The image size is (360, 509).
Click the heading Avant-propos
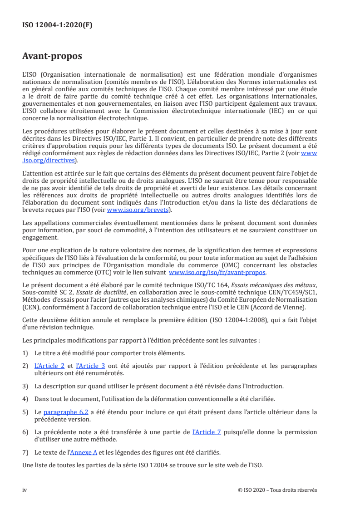(52, 57)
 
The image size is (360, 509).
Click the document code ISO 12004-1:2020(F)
(57, 25)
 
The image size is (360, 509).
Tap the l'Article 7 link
(207, 432)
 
